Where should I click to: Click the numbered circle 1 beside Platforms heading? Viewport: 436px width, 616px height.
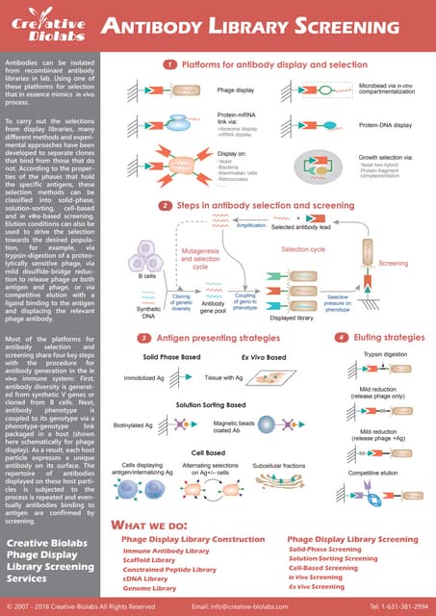(168, 64)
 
